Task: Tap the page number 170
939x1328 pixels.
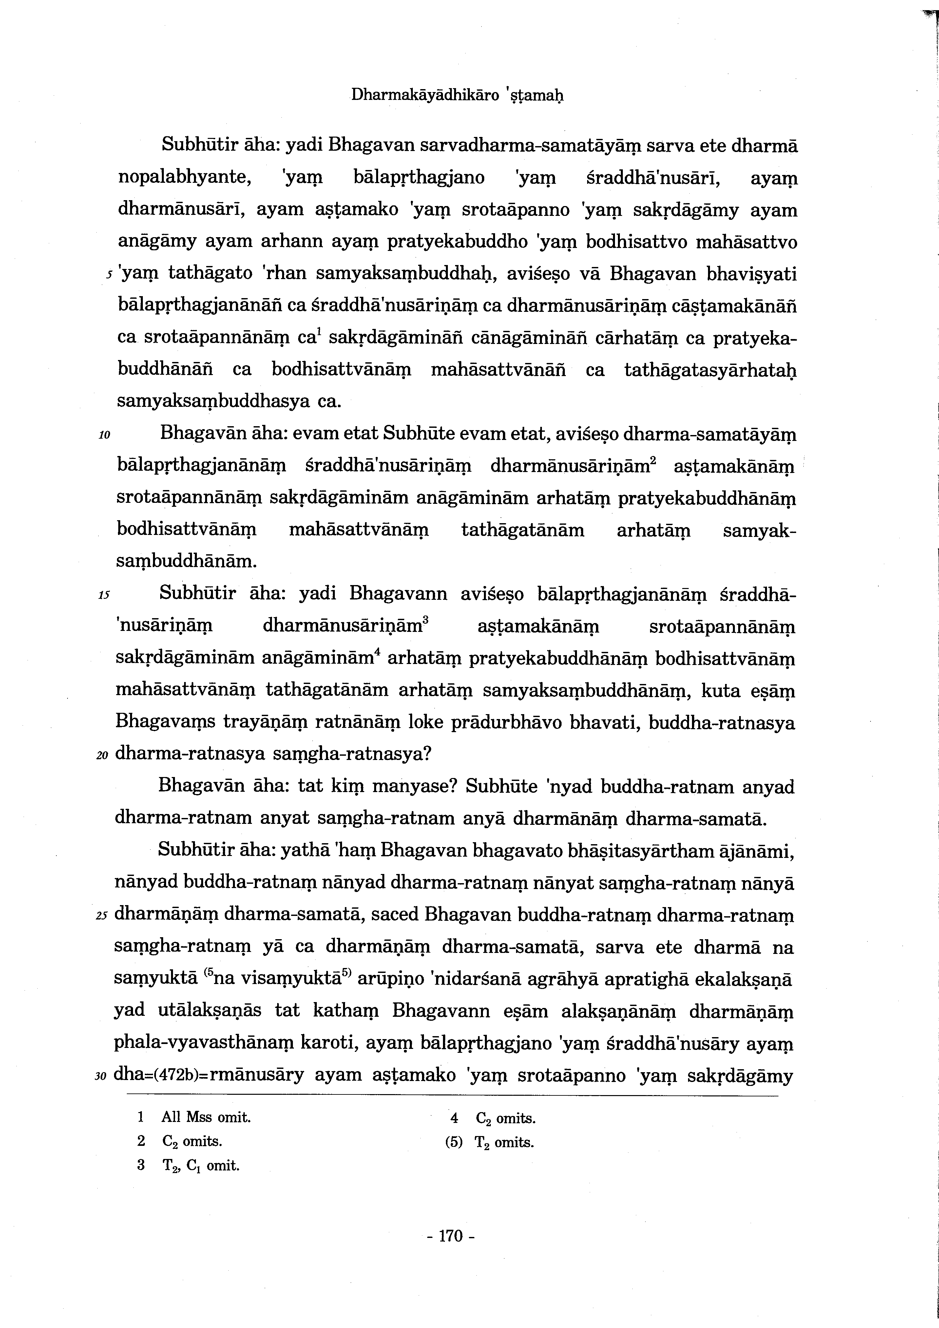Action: point(451,1237)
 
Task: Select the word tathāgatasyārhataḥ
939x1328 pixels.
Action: point(710,370)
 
